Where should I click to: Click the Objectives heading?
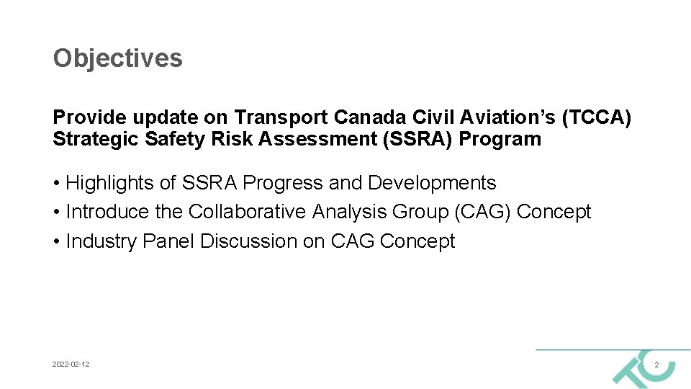pyautogui.click(x=117, y=58)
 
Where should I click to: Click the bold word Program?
pyautogui.click(x=500, y=139)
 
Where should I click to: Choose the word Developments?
pyautogui.click(x=432, y=183)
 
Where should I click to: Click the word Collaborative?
pyautogui.click(x=248, y=212)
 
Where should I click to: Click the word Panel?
pyautogui.click(x=168, y=241)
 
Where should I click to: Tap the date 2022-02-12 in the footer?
pyautogui.click(x=71, y=365)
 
